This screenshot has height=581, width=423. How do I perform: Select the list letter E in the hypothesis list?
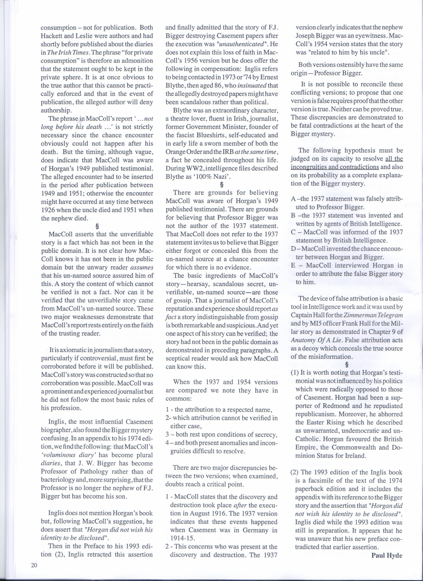pyautogui.click(x=294, y=266)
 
